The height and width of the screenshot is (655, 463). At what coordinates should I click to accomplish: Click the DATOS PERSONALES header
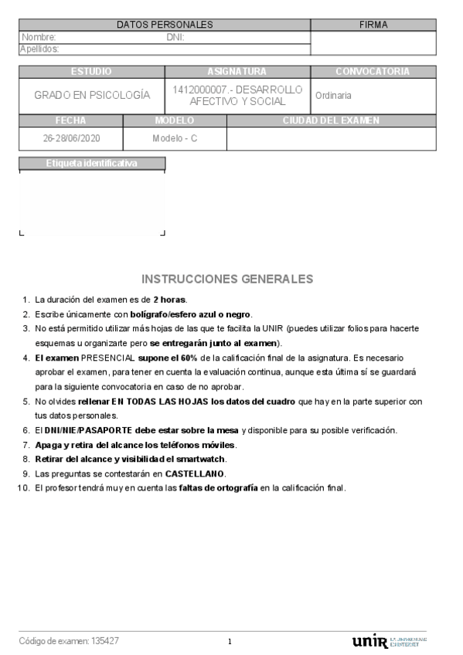(x=164, y=25)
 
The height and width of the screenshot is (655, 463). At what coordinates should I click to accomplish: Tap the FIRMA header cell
(x=373, y=25)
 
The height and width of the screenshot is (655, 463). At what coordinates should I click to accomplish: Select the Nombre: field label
(x=39, y=37)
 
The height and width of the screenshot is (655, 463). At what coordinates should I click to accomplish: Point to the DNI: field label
(x=175, y=37)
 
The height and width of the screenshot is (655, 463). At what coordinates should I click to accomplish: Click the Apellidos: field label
(x=39, y=49)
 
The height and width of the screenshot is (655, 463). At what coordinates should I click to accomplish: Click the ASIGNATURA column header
(x=237, y=72)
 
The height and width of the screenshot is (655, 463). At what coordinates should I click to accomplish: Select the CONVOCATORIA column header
(x=373, y=72)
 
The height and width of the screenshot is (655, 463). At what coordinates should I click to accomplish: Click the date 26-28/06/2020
(x=71, y=139)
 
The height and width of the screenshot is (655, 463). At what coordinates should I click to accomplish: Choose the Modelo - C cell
(x=175, y=139)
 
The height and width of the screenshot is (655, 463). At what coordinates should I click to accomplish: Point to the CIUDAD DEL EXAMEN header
(x=331, y=120)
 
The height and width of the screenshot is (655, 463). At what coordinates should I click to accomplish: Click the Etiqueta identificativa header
(x=92, y=164)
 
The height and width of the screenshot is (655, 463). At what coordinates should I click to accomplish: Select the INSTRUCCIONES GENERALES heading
(x=227, y=278)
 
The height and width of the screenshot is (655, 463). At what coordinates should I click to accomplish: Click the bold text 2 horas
(x=169, y=300)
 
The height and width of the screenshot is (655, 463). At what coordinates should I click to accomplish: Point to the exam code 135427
(x=105, y=641)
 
